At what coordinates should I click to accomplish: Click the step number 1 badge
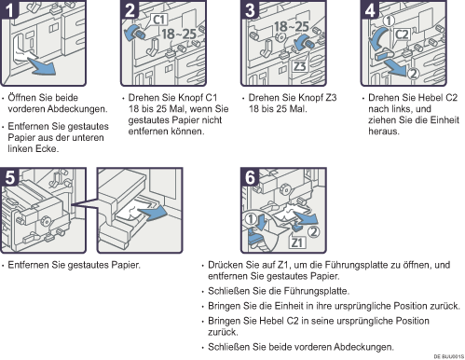pos(9,10)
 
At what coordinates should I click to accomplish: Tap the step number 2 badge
pos(130,10)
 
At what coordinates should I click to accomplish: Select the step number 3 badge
pos(250,10)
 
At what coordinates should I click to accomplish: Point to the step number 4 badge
pos(370,10)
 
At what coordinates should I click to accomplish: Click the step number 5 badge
pos(9,177)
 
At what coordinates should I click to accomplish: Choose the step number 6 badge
pos(250,177)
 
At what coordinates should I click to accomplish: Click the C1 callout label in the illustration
pos(159,20)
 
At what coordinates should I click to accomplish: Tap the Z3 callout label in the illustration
pos(299,66)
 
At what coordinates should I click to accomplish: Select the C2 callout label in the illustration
pos(402,35)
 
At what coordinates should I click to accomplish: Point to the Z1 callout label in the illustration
pos(297,242)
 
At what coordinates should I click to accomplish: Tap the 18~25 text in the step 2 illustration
pos(179,35)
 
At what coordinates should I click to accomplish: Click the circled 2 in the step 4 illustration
pos(413,74)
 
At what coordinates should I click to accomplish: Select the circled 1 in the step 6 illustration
pos(251,219)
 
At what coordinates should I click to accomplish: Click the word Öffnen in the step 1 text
pos(21,98)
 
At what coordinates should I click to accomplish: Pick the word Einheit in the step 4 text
pos(446,120)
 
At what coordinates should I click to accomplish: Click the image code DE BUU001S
pos(449,356)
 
